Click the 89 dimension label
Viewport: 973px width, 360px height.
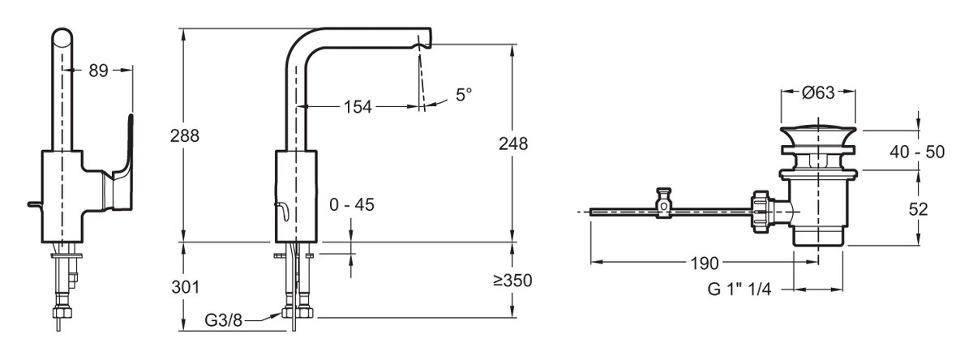pyautogui.click(x=98, y=71)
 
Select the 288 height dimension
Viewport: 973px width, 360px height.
pyautogui.click(x=185, y=136)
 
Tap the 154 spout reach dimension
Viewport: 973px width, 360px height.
pyautogui.click(x=358, y=107)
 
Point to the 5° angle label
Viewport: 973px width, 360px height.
pyautogui.click(x=464, y=95)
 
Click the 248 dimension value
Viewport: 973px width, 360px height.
pyautogui.click(x=513, y=144)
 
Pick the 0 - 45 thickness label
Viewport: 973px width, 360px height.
pyautogui.click(x=352, y=205)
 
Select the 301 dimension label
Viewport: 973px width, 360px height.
pyautogui.click(x=186, y=288)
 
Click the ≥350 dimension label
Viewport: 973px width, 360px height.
pyautogui.click(x=513, y=281)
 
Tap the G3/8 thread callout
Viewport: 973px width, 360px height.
pyautogui.click(x=223, y=320)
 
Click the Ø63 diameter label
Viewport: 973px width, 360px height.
pyautogui.click(x=818, y=92)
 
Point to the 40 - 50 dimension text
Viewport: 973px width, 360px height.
pyautogui.click(x=917, y=152)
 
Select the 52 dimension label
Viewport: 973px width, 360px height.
pyautogui.click(x=918, y=210)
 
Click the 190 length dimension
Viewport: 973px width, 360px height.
pyautogui.click(x=705, y=264)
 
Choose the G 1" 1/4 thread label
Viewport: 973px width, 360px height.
pyautogui.click(x=739, y=289)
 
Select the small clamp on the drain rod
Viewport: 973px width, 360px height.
pyautogui.click(x=663, y=203)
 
